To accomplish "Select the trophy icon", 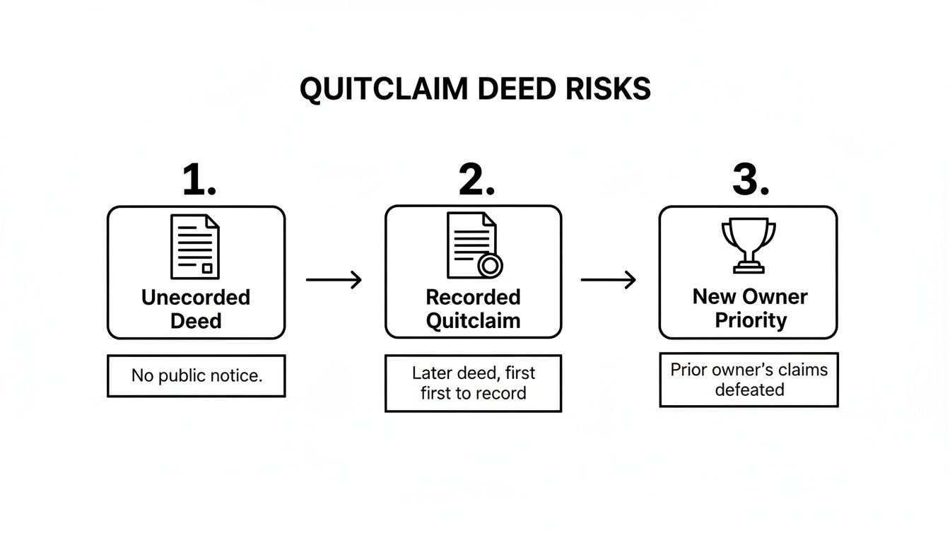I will pos(748,245).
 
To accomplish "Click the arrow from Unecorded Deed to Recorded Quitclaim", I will pos(334,280).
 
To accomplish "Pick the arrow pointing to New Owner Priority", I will pos(608,280).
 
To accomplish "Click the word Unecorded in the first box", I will pos(196,297).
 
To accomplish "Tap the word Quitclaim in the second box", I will pos(473,320).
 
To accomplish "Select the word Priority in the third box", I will pos(750,320).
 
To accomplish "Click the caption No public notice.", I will pos(197,375).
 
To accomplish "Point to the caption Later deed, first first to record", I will pos(473,383).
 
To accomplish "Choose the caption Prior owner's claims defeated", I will pos(749,380).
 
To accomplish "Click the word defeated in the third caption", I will pos(749,390).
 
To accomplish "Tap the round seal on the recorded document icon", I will pos(490,266).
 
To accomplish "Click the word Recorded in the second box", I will pos(473,297).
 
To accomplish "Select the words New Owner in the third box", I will pos(750,296).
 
